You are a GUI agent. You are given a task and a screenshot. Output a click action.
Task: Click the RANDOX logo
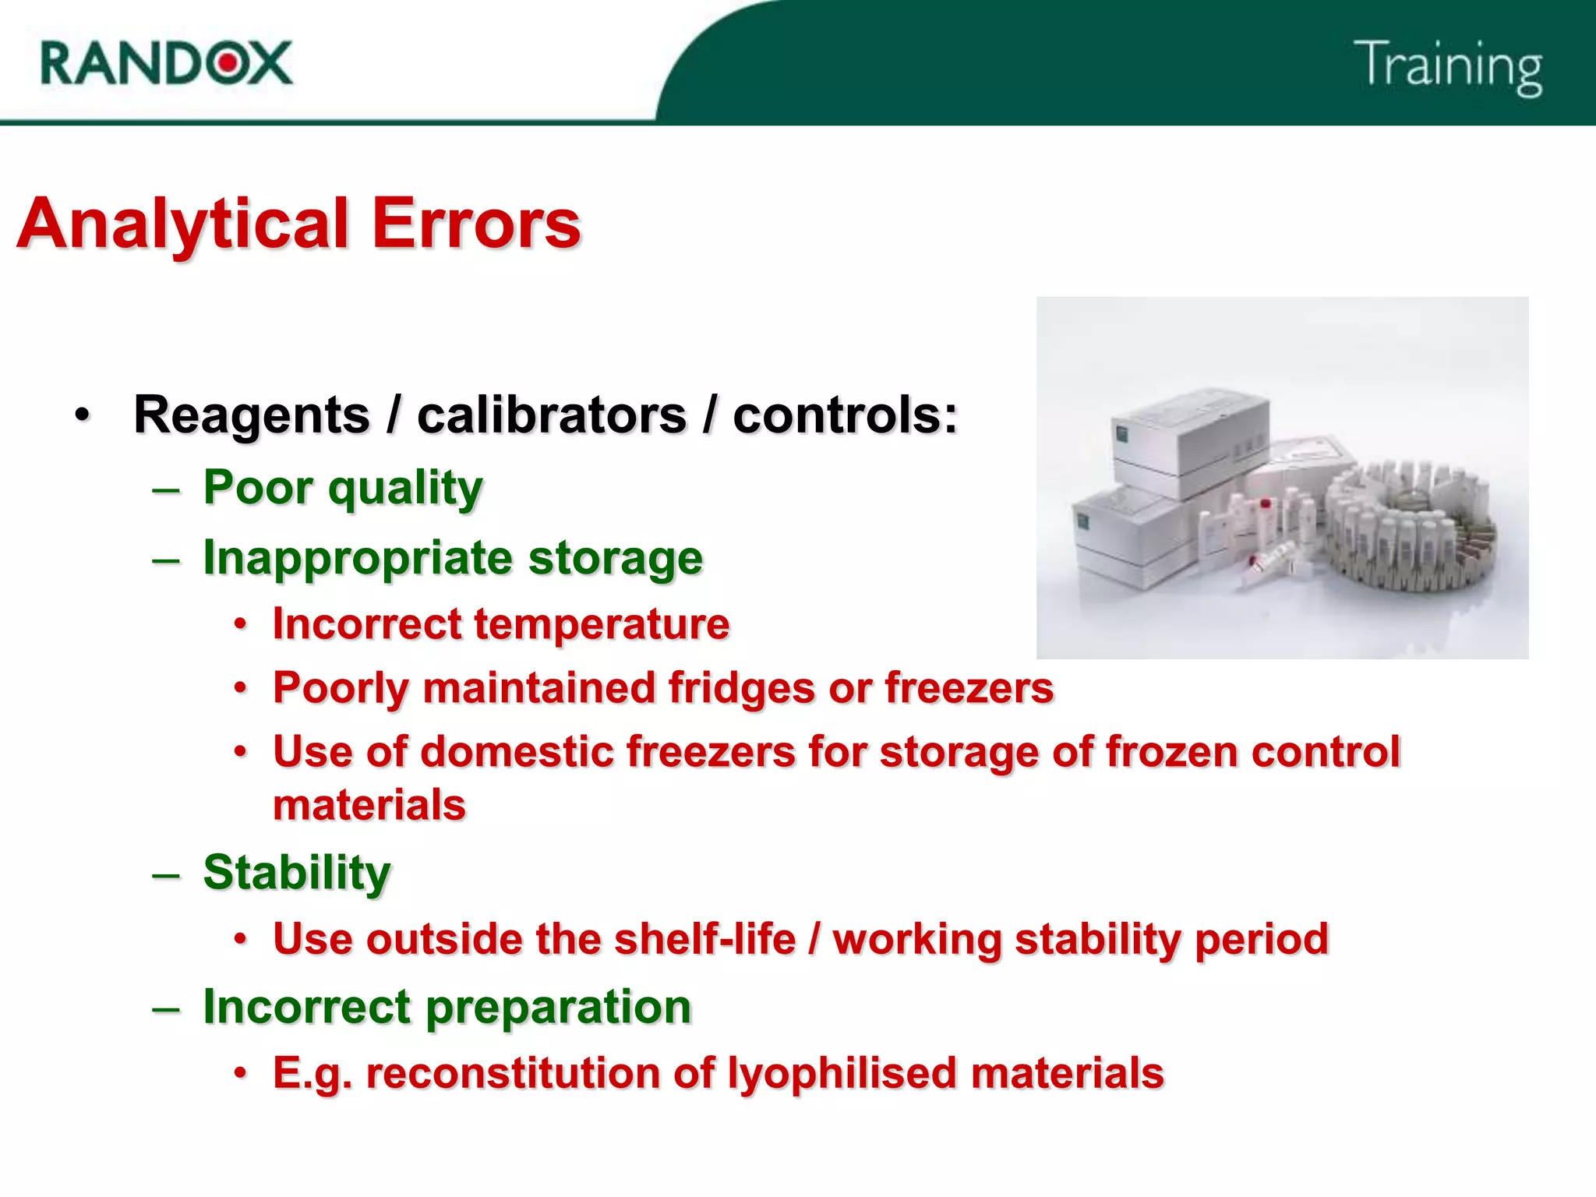166,63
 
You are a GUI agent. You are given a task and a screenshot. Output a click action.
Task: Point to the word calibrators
551,415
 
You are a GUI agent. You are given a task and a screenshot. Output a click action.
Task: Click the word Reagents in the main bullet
251,415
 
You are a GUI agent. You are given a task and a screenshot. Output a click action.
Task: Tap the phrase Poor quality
343,489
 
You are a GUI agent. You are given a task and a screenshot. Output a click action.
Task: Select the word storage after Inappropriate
615,558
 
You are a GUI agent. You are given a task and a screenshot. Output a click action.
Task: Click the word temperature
602,624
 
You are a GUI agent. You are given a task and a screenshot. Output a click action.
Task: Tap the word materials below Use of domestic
369,805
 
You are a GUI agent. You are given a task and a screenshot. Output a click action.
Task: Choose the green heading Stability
296,872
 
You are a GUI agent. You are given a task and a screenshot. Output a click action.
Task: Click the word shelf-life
705,939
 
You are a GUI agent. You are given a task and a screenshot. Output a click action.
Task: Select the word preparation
558,1007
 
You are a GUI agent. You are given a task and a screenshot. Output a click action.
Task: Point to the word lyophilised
842,1073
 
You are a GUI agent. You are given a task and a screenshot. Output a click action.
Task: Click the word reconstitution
514,1073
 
